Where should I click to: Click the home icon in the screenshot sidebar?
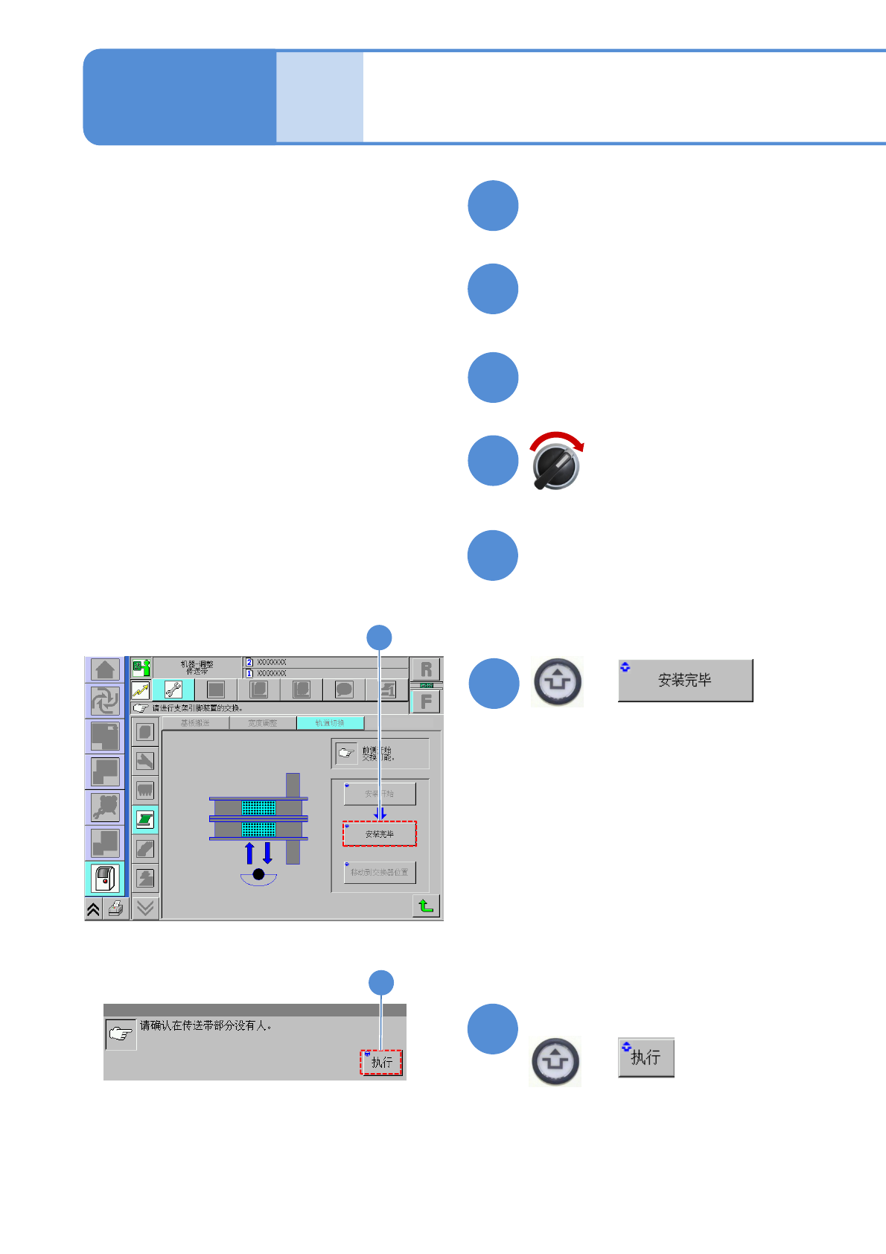click(105, 669)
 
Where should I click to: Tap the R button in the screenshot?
click(426, 669)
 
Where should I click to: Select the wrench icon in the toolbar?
click(173, 690)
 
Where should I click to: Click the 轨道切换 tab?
click(330, 723)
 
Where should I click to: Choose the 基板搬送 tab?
click(195, 723)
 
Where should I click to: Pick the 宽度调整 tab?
click(262, 723)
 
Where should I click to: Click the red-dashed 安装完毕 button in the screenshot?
click(380, 834)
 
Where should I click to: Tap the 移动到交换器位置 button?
click(380, 872)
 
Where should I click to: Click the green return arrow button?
click(426, 906)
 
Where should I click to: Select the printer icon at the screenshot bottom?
click(115, 908)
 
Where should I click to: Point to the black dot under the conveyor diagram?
click(258, 874)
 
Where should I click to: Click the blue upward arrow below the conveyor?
click(249, 853)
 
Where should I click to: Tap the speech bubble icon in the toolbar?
click(344, 690)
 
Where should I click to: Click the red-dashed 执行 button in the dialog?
click(381, 1063)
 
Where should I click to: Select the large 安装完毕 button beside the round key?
click(685, 680)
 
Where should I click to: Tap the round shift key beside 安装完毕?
click(558, 681)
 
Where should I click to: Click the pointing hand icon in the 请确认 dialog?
click(121, 1034)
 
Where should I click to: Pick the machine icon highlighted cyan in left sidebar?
click(105, 879)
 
